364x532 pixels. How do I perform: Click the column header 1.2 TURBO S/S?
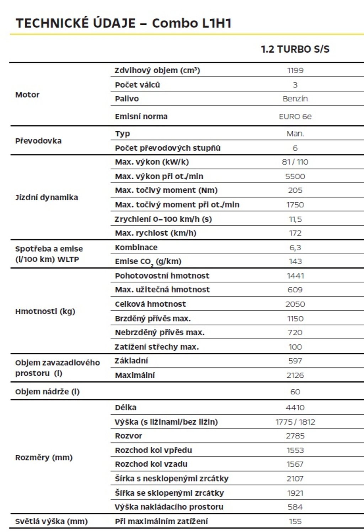coord(295,49)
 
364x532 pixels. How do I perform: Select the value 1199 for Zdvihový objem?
coord(295,70)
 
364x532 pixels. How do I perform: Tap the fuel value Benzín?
coord(295,99)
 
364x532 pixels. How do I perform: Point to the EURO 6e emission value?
coord(295,117)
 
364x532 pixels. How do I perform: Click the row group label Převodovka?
coord(38,141)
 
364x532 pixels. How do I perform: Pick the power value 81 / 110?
coord(295,162)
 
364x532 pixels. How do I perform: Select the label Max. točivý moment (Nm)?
coord(166,191)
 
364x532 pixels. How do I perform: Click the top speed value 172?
coord(295,233)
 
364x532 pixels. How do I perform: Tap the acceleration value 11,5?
coord(295,219)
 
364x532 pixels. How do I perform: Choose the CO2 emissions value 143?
coord(295,261)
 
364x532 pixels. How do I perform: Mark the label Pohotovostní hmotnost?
coord(162,276)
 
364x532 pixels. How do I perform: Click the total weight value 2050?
coord(295,304)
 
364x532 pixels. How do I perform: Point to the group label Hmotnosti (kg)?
coord(45,312)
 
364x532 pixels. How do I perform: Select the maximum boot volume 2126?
coord(295,375)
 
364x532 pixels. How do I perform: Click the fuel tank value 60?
coord(295,392)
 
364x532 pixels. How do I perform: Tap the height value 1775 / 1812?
coord(295,422)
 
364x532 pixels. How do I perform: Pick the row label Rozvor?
coord(128,436)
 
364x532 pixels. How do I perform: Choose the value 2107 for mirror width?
coord(295,479)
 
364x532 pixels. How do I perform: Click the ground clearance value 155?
coord(295,522)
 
